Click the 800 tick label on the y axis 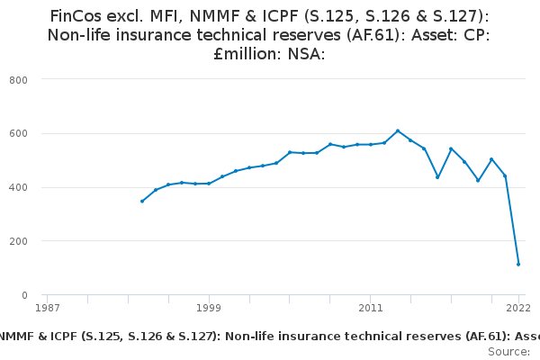click(20, 80)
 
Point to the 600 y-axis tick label click(20, 134)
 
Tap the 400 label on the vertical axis click(20, 188)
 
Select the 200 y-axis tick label click(20, 241)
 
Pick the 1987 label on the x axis click(47, 308)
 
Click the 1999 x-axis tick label click(209, 308)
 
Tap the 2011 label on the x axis click(371, 308)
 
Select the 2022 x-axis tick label click(518, 308)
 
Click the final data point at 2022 click(518, 265)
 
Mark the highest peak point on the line click(398, 131)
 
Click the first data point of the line click(141, 202)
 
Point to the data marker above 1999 click(209, 184)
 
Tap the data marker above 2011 click(371, 144)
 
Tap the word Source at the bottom click(508, 350)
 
